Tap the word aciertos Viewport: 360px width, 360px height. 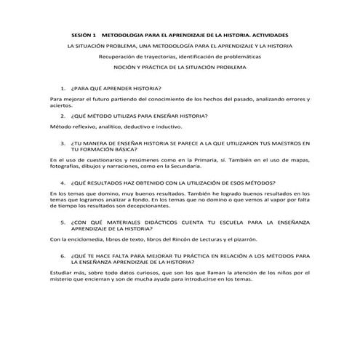[x=61, y=105]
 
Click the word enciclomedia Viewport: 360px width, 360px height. [x=83, y=239]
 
